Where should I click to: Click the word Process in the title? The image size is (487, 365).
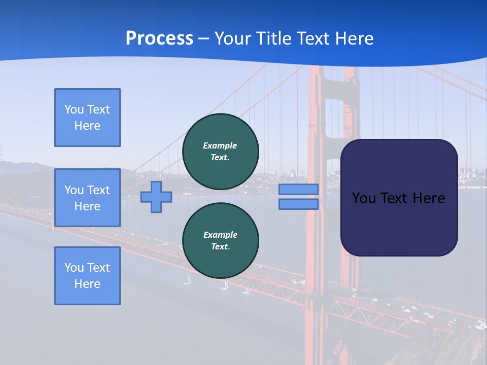(159, 39)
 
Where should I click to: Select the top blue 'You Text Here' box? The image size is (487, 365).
(87, 118)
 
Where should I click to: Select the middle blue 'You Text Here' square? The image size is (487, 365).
(87, 198)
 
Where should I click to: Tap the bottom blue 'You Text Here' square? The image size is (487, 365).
(87, 276)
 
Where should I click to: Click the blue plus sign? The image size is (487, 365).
(156, 197)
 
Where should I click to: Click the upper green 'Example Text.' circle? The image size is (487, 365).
(221, 152)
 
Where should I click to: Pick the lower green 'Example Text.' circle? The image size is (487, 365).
(221, 241)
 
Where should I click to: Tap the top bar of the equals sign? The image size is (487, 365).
(298, 190)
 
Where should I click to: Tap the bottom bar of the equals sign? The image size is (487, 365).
(298, 204)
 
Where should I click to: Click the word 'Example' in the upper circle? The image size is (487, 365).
(220, 146)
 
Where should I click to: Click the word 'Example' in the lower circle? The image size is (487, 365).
(220, 235)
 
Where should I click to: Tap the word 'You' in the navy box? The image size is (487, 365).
(364, 198)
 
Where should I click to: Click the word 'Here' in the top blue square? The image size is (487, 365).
(87, 126)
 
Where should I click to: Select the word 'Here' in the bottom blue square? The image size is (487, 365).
(87, 284)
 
